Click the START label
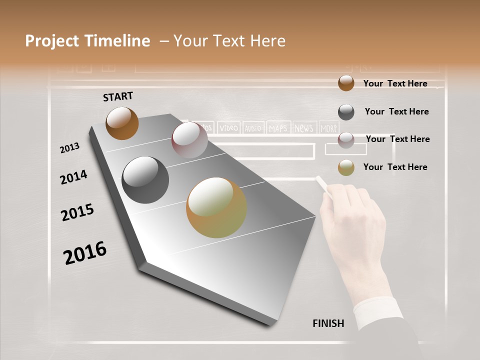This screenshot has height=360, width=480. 118,96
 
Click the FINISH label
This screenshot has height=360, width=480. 328,323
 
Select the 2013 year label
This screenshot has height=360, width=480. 70,148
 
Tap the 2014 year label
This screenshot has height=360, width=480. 73,177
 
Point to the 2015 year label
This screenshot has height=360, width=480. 77,212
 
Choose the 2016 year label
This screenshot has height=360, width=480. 85,253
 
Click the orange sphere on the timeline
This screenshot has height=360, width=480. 122,123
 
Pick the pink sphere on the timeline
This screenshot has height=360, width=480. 189,140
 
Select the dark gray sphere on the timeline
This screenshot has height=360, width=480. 145,180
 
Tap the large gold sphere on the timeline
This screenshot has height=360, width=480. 216,207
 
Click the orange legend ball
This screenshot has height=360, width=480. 346,83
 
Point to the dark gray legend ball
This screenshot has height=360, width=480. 346,112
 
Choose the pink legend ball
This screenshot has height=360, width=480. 346,140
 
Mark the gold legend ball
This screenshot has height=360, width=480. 346,167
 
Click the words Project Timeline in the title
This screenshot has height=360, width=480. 87,41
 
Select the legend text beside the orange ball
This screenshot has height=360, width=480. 395,83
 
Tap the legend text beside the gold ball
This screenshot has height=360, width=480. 395,167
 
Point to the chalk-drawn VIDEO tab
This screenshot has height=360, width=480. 229,128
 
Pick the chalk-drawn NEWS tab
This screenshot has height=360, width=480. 303,128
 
